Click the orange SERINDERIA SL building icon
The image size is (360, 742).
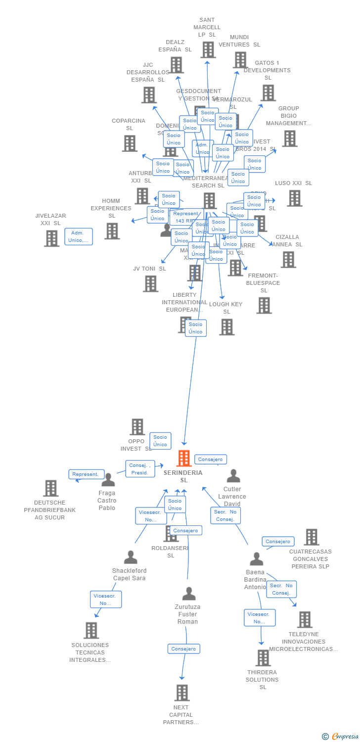click(184, 458)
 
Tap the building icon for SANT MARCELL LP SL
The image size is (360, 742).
click(208, 49)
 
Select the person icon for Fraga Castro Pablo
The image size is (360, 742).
click(108, 479)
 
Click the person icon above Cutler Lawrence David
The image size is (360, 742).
click(233, 476)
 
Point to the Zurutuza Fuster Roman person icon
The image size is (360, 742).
click(188, 594)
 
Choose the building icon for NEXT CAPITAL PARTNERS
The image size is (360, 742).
click(182, 693)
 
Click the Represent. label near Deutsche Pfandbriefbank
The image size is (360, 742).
click(87, 474)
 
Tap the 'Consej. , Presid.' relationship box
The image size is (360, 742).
click(140, 469)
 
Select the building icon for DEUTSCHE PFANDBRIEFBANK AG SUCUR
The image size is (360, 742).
click(50, 488)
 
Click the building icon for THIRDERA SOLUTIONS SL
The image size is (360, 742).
click(263, 658)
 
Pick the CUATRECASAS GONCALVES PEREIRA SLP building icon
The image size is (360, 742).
click(311, 537)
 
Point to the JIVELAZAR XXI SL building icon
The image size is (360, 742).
click(51, 238)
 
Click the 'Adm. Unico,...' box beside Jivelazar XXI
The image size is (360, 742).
click(79, 236)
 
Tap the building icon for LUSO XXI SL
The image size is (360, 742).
click(295, 198)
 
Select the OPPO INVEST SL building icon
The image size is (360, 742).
click(137, 426)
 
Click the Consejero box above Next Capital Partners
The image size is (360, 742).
click(184, 649)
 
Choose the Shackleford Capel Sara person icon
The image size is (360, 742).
click(131, 557)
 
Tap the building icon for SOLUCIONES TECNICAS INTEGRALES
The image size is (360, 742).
click(91, 630)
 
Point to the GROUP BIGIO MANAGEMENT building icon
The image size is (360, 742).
click(290, 139)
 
